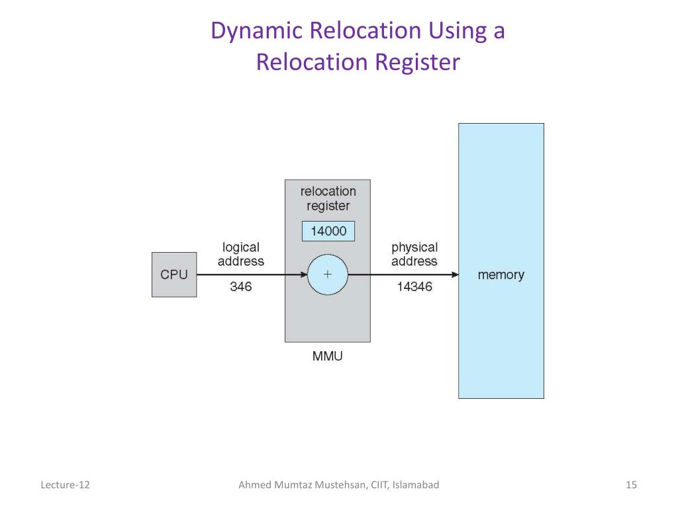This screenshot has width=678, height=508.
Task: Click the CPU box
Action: (174, 275)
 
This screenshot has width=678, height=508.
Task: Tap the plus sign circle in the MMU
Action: (327, 275)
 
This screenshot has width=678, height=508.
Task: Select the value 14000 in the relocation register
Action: (328, 231)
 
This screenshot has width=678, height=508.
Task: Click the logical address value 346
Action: (241, 286)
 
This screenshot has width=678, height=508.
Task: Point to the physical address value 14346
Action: (414, 286)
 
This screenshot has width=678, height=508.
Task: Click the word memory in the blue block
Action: (501, 275)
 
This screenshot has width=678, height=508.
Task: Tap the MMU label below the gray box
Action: (327, 356)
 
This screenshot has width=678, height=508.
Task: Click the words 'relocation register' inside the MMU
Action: (328, 198)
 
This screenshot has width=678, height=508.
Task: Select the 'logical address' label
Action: (241, 254)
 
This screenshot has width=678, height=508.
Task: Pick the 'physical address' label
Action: (414, 255)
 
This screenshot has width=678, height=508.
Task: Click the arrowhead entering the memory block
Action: (455, 275)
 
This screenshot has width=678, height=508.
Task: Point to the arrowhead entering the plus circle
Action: (303, 275)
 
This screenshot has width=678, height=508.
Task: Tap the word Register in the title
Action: (418, 62)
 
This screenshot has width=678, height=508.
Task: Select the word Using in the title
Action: (458, 31)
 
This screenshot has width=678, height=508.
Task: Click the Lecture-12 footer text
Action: (66, 485)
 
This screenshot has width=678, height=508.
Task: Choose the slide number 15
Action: (631, 485)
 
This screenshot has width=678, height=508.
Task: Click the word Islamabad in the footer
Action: (416, 485)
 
